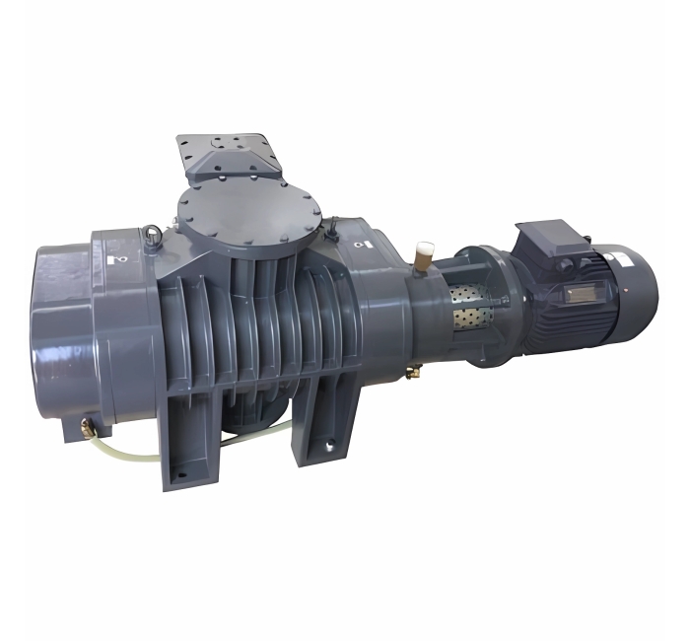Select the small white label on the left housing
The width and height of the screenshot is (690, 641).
coord(118,259)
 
